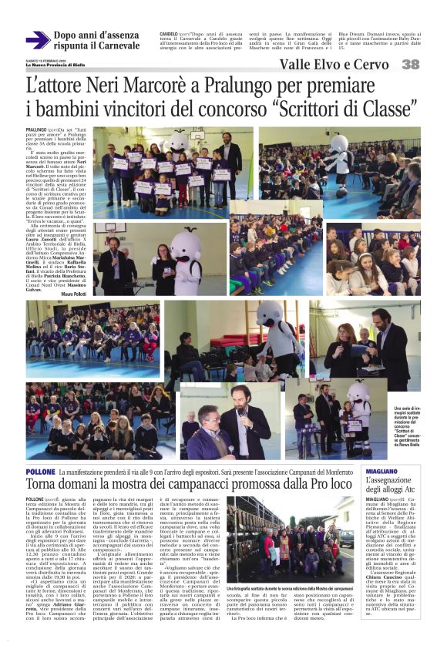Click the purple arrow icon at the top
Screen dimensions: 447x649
[37, 41]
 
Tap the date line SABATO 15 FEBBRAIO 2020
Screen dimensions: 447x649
[43, 59]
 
